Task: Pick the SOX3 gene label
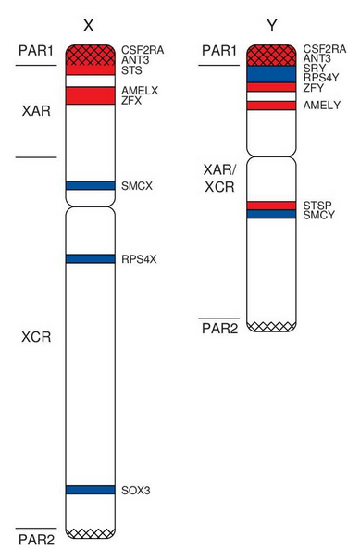coord(136,489)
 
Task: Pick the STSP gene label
coord(319,205)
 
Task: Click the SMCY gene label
coord(320,215)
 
